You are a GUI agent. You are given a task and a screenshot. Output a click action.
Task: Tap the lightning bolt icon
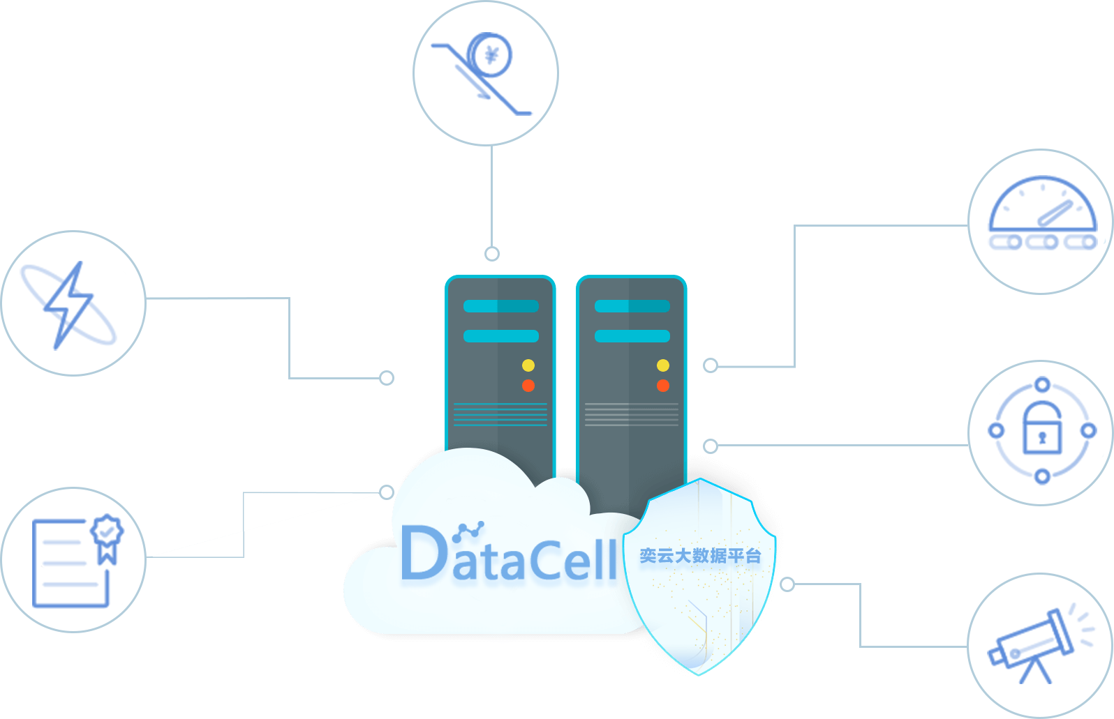68,305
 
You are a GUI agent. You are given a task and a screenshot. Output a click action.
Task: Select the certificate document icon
77,561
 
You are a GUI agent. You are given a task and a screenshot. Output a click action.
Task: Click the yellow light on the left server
528,365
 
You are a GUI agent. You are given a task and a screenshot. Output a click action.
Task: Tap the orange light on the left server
528,386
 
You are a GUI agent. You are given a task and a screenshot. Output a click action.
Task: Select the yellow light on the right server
663,365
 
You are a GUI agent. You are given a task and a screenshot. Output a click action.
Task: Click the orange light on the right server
663,386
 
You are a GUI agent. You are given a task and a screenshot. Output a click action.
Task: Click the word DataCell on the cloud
509,553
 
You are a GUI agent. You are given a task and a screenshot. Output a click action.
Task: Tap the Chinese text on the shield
700,556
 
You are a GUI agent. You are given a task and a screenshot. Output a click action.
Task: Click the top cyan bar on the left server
500,306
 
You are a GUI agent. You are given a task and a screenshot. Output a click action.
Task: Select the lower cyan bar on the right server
632,336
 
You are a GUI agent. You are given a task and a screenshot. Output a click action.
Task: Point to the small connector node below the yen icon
492,254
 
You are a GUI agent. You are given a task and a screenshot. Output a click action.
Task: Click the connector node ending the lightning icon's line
387,378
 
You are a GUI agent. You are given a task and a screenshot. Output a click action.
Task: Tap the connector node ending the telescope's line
787,584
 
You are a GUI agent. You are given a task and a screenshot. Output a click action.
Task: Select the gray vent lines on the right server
632,414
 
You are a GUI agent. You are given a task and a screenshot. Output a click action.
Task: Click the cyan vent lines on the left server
500,414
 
